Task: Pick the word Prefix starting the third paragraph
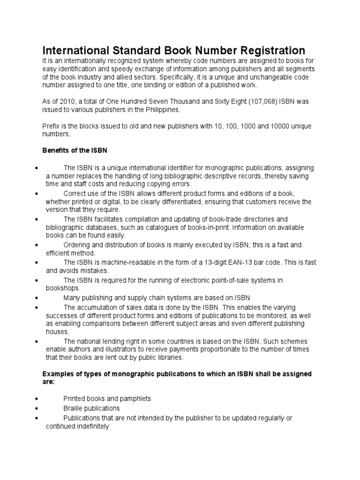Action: tap(52, 127)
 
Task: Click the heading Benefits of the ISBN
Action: tap(75, 150)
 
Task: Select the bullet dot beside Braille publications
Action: tap(37, 408)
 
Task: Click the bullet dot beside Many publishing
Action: tap(37, 298)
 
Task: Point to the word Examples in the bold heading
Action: tap(59, 374)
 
